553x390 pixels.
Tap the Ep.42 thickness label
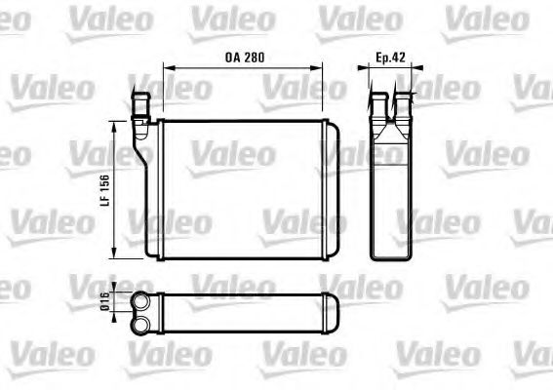390,58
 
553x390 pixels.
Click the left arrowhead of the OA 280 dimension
166,68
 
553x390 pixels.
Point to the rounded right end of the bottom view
334,311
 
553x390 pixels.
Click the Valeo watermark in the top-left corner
95,17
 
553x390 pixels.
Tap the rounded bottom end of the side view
390,256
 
